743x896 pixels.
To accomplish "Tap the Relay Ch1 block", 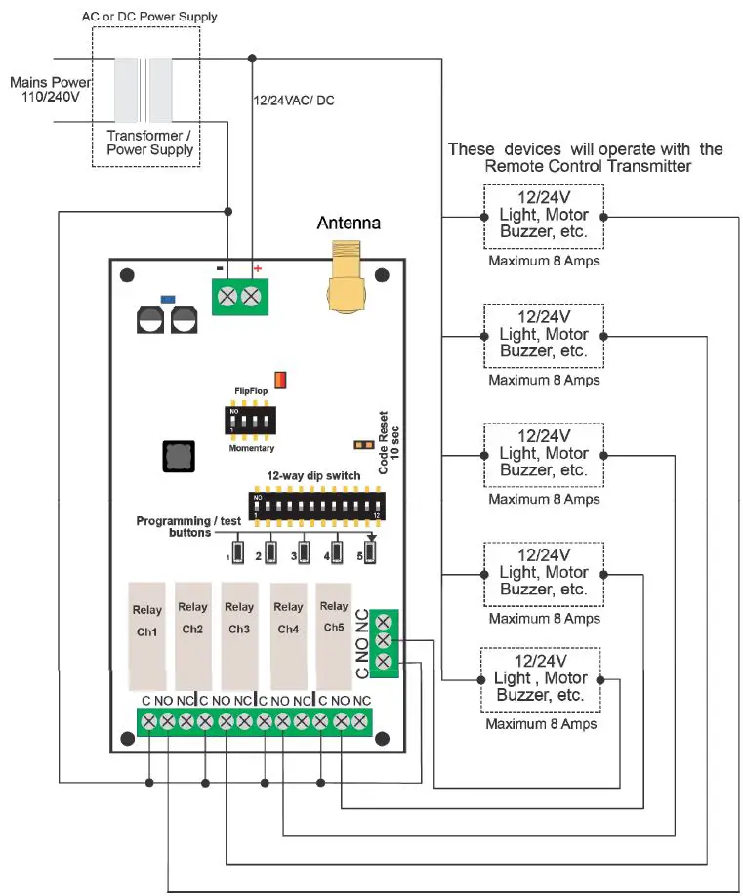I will click(147, 635).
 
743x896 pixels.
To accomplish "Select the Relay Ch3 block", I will click(239, 635).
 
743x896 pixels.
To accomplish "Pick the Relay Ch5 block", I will click(333, 635).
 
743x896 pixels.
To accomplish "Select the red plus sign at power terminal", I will click(258, 267).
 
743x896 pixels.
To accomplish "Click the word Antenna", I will click(349, 224).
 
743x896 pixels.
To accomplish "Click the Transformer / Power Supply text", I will click(149, 143).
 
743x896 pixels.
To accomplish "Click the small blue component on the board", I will click(167, 297).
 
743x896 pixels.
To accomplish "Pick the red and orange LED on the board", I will click(281, 379).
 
